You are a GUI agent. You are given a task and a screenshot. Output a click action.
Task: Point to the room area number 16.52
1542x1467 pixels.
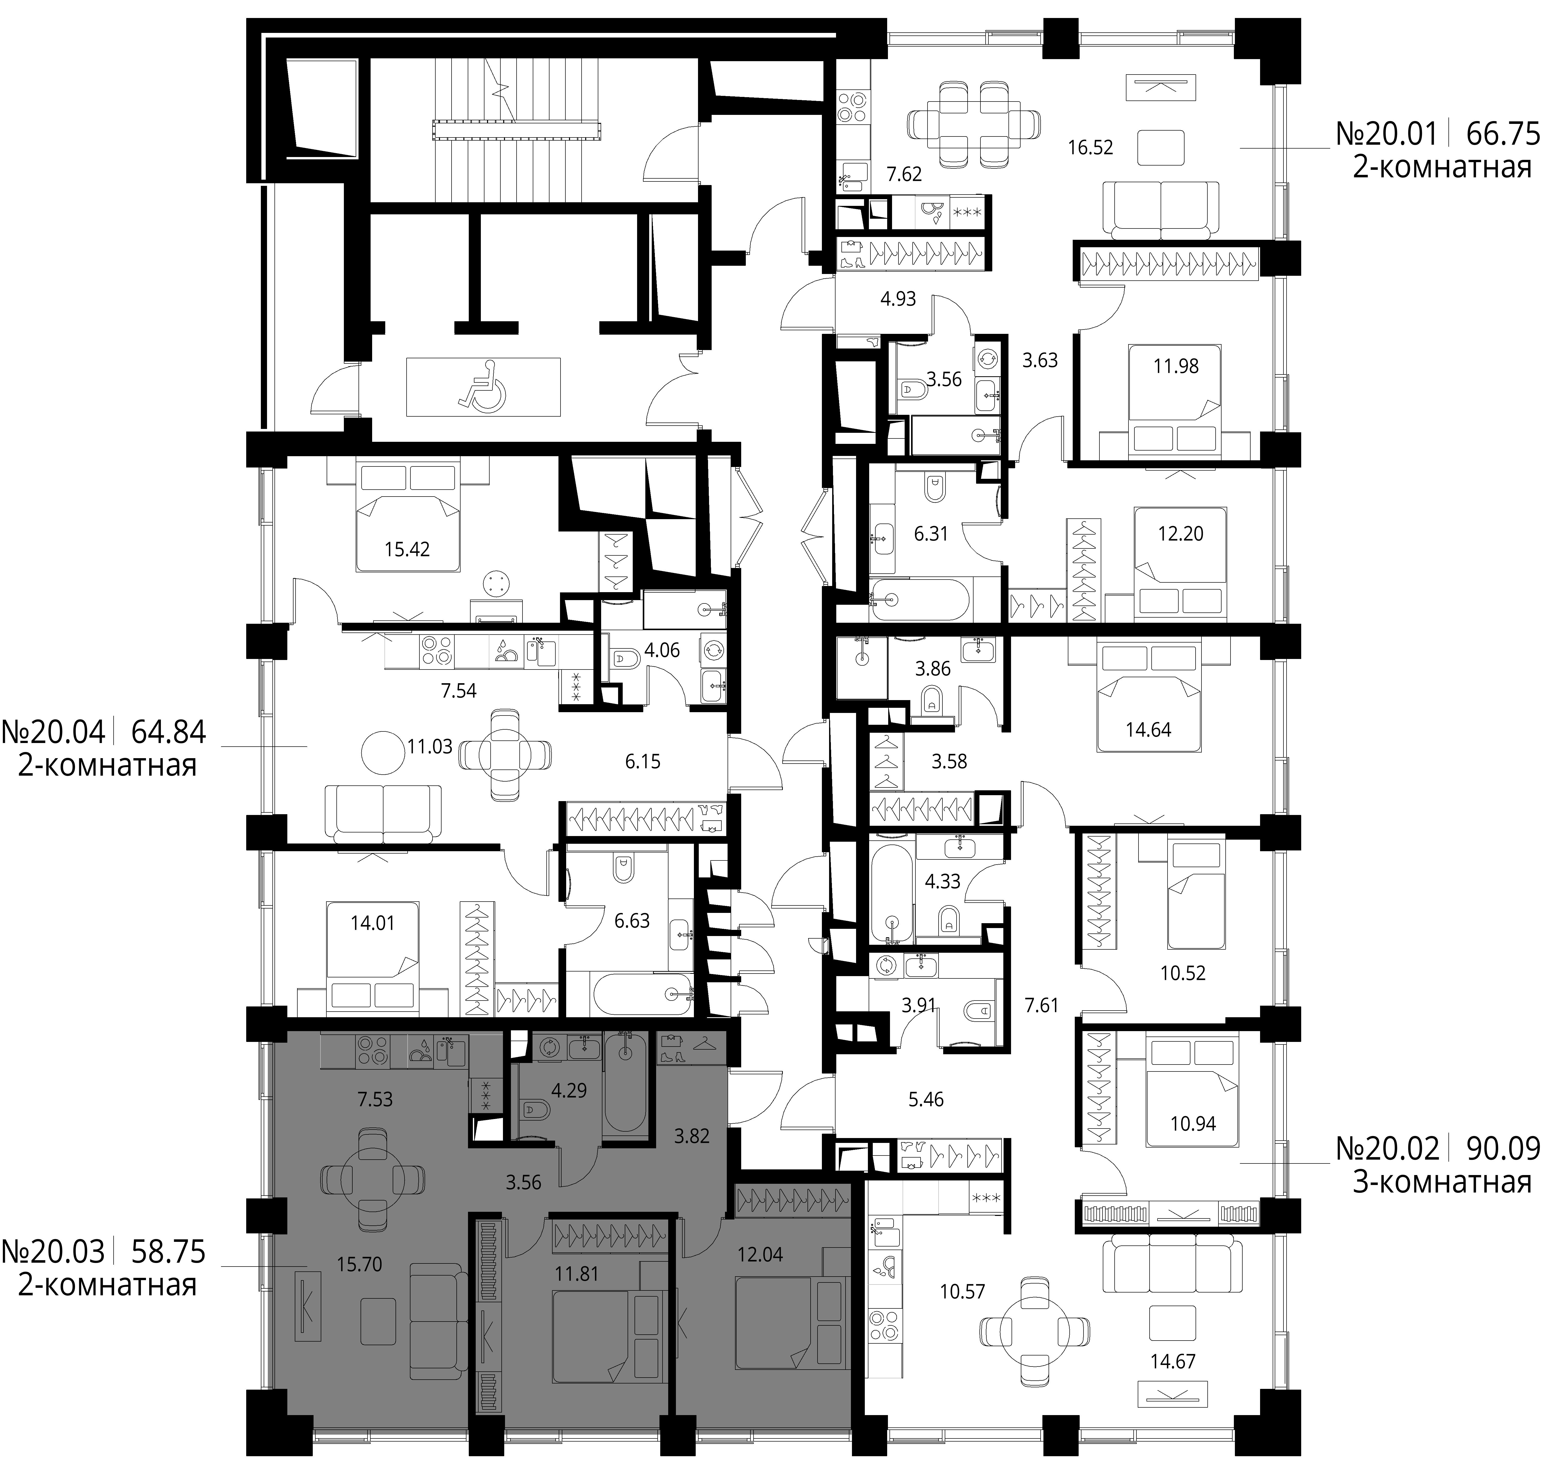pyautogui.click(x=1090, y=147)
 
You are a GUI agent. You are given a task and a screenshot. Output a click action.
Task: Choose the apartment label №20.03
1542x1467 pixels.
pyautogui.click(x=53, y=1251)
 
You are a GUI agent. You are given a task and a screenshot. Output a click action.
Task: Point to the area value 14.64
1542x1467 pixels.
pyautogui.click(x=1148, y=730)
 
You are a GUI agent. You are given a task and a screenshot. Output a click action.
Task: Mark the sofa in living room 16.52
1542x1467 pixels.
pyautogui.click(x=1160, y=209)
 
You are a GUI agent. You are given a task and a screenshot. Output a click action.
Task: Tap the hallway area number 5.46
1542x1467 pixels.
pyautogui.click(x=926, y=1099)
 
